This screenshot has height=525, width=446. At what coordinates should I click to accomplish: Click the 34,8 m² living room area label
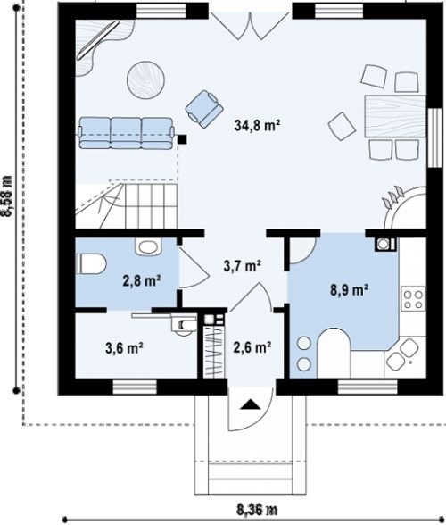point(257,126)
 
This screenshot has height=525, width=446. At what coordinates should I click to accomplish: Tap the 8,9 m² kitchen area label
point(350,290)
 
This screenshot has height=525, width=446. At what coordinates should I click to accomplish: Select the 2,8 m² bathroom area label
point(142,281)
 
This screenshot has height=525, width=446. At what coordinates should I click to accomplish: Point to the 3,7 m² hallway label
point(243,266)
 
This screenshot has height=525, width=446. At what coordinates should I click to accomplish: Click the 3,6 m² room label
point(125,348)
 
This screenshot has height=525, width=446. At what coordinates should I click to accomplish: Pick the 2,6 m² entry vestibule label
point(252,347)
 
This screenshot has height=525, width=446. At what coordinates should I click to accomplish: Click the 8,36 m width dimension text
point(257,510)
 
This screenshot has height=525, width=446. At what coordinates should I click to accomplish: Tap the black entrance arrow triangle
point(251,404)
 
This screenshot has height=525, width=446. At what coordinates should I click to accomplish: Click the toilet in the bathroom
point(91,263)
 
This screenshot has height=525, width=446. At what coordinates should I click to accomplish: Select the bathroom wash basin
point(148,246)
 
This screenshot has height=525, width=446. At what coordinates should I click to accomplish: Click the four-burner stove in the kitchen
point(413,299)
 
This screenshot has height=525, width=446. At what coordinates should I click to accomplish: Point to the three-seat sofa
point(127,133)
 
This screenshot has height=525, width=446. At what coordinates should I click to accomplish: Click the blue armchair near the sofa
point(204,109)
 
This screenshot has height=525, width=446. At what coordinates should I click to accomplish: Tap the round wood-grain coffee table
point(145,79)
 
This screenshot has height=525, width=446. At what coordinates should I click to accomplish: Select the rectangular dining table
point(395,116)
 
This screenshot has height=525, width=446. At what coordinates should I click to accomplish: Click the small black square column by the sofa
point(182,139)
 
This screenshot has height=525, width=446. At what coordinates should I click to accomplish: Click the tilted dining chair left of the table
point(342,127)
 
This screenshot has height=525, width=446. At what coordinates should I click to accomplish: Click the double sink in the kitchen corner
point(403,354)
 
